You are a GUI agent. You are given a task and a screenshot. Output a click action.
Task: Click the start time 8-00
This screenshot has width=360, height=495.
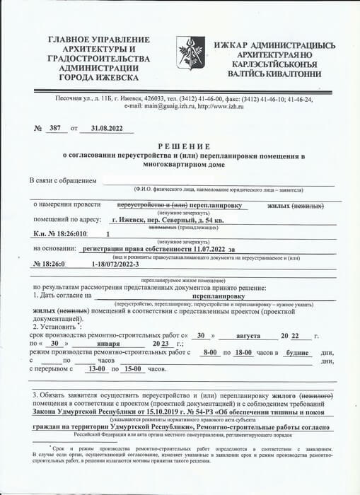pyautogui.click(x=209, y=351)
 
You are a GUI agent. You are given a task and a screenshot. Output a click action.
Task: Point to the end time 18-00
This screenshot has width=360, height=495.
pyautogui.click(x=241, y=351)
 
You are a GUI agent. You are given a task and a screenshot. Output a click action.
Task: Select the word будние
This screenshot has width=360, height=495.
pyautogui.click(x=295, y=351)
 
